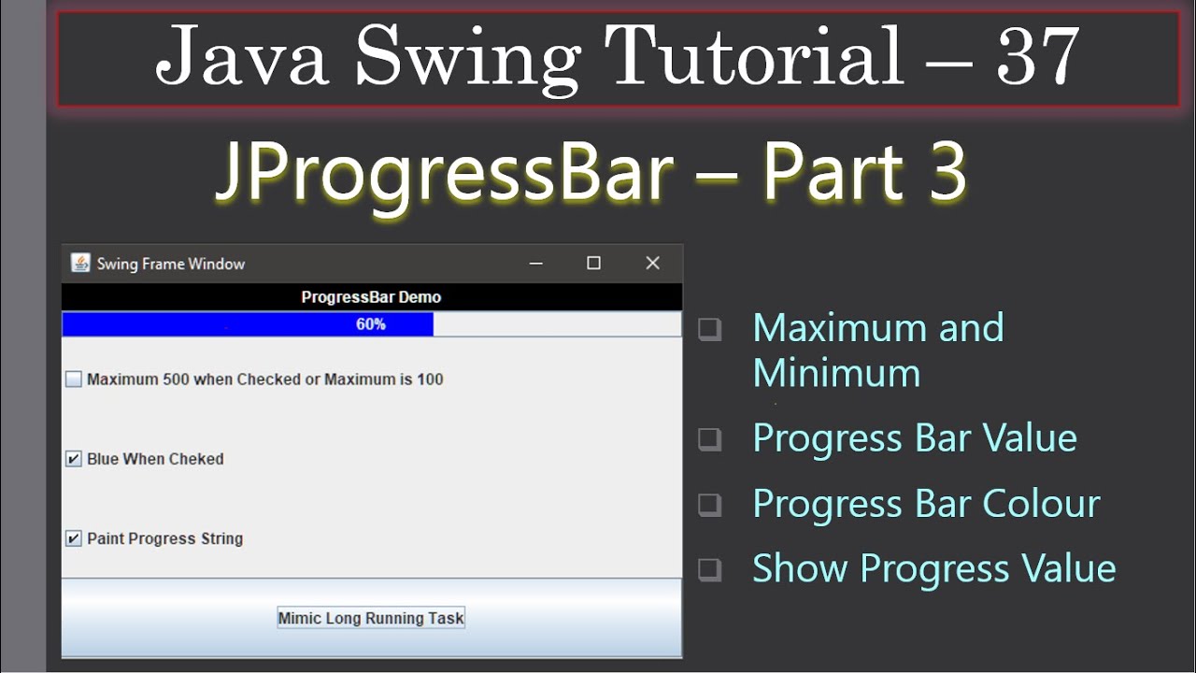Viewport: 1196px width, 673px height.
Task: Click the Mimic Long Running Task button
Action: point(371,618)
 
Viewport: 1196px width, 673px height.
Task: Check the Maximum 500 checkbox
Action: point(74,379)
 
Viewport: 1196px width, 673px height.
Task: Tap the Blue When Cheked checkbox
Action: point(74,459)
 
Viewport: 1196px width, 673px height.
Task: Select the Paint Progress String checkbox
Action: point(74,538)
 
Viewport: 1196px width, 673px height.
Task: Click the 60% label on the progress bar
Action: point(371,324)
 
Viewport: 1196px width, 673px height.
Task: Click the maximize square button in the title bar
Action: point(593,264)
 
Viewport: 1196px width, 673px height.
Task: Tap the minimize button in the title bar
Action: point(536,264)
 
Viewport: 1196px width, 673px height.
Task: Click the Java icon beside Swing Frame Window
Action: point(80,264)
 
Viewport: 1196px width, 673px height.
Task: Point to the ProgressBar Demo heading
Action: point(371,297)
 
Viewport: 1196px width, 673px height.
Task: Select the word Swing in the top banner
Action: point(467,56)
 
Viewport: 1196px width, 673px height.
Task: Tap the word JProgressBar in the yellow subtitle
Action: point(445,173)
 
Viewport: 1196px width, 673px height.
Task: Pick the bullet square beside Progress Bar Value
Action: point(710,439)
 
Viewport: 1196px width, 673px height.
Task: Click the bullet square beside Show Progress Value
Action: point(710,569)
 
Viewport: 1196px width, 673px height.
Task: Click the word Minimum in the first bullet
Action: point(836,373)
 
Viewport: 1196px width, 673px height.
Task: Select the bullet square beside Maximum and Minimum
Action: point(710,329)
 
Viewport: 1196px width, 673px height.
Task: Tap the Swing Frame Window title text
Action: point(171,264)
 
